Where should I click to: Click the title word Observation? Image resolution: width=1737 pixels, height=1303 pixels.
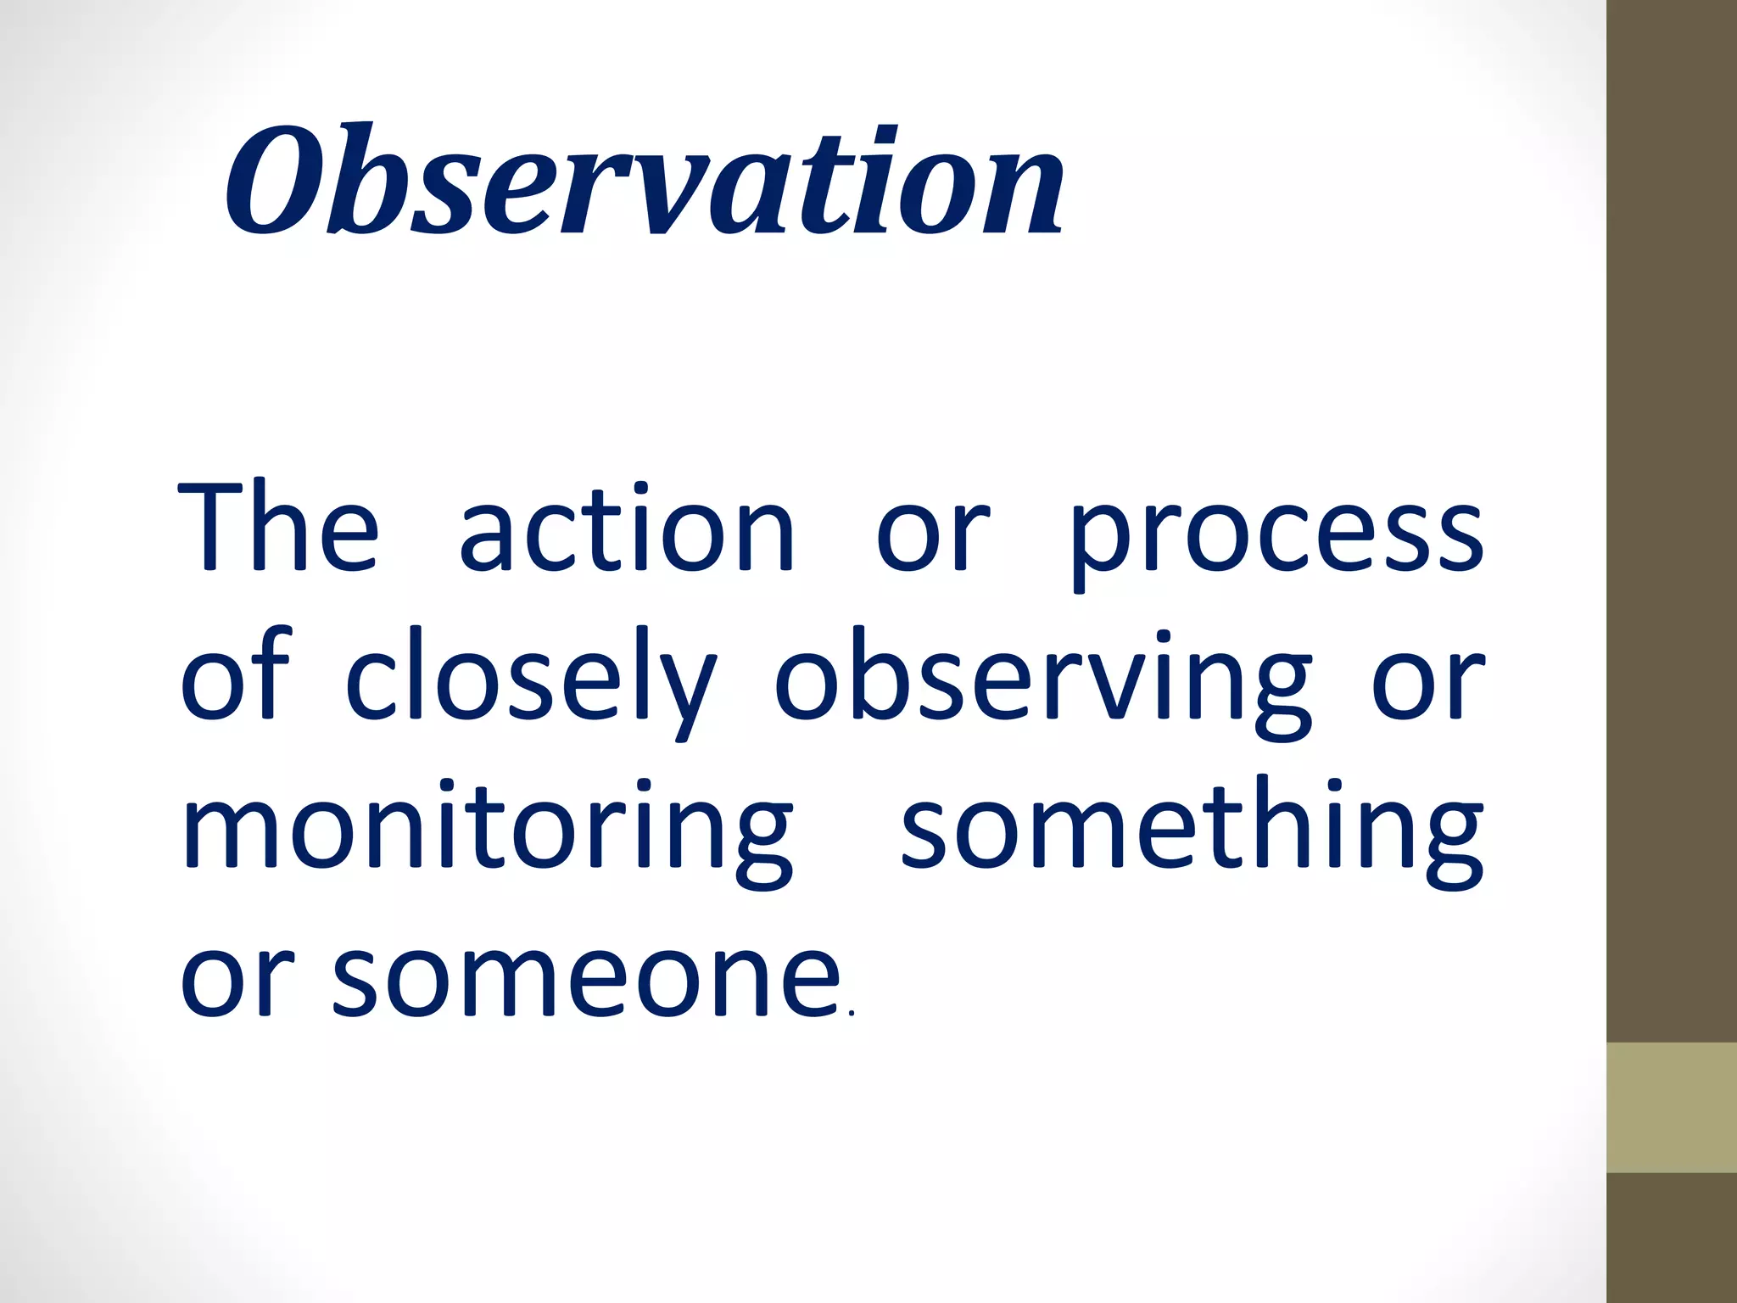pos(645,180)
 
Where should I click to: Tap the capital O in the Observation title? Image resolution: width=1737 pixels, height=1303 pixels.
pos(271,180)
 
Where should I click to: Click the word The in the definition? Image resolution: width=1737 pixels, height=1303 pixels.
pos(278,528)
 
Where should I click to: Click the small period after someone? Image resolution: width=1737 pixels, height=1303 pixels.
pos(851,1012)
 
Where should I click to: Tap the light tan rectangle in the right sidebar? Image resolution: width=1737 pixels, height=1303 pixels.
pos(1672,1108)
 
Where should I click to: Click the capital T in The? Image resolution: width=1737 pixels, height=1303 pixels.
pos(219,526)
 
